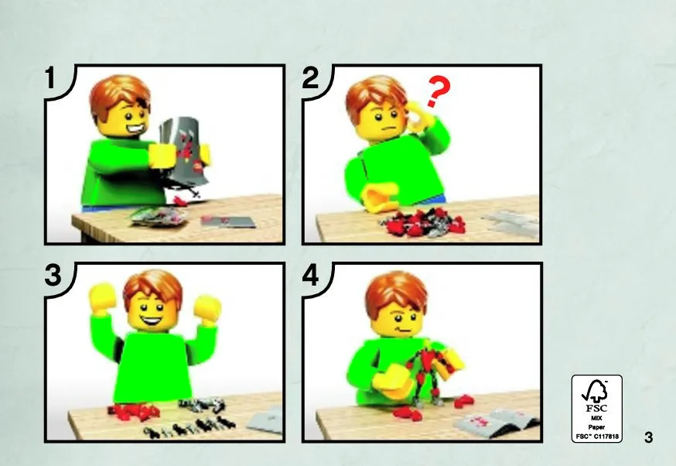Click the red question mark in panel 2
[438, 91]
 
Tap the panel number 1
[51, 78]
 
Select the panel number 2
[310, 78]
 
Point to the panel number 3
[53, 276]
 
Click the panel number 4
[310, 276]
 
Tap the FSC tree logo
[596, 392]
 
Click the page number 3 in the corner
[648, 437]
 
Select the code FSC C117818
[597, 437]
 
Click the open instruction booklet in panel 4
[496, 422]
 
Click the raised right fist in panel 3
[207, 308]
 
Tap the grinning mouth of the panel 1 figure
[135, 128]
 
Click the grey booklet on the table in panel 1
[227, 222]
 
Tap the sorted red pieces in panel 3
[134, 412]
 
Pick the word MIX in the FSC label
[596, 418]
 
